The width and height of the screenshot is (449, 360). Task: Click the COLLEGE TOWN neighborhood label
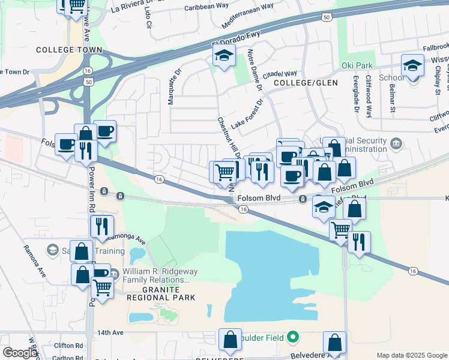pos(65,50)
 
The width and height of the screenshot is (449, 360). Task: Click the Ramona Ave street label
pos(35,256)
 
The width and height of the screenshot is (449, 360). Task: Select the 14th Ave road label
pos(110,332)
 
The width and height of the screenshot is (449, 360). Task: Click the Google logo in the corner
pos(20,353)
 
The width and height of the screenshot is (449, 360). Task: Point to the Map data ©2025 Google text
pos(411,355)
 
